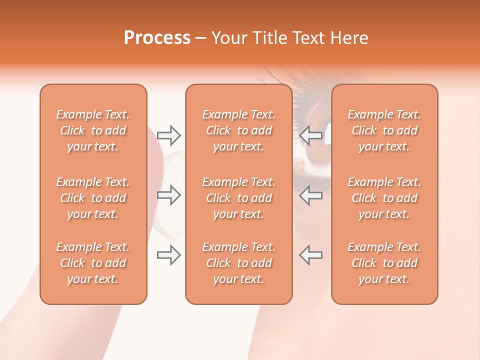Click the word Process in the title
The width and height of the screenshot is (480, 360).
tap(157, 38)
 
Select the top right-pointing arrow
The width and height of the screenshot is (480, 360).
tap(169, 135)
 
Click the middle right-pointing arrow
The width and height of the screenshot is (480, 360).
tap(169, 195)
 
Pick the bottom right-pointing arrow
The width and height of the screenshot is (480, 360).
tap(169, 255)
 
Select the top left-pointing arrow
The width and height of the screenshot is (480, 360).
tap(310, 135)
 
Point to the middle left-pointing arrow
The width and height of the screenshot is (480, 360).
tap(310, 195)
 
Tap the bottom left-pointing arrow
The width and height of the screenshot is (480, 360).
tap(310, 255)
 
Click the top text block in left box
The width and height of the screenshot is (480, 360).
tap(93, 130)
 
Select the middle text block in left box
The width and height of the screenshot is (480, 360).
tap(93, 198)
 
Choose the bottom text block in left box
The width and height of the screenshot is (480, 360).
tap(93, 263)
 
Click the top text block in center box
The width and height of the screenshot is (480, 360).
tap(239, 130)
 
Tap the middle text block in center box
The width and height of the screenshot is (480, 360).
tap(239, 198)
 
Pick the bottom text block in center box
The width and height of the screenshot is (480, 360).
tap(239, 263)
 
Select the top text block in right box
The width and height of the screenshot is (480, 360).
tap(384, 130)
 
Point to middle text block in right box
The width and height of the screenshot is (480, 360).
tap(384, 198)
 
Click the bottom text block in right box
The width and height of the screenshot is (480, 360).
tap(384, 263)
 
